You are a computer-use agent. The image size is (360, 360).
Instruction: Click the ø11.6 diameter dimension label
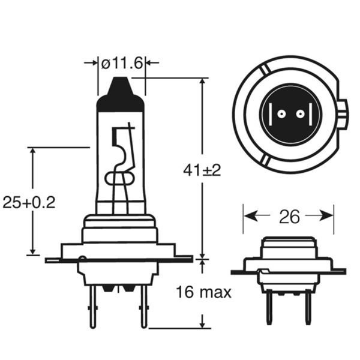point(122,62)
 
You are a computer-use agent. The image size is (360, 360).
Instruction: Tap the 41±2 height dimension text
point(202,170)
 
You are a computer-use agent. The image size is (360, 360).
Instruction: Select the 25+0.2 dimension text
point(29,202)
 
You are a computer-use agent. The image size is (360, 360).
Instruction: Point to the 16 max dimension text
point(203,293)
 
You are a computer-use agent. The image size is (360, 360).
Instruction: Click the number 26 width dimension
point(289,217)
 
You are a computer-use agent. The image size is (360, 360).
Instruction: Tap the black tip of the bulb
point(121,97)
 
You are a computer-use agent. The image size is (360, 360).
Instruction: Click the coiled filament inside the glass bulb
point(121,178)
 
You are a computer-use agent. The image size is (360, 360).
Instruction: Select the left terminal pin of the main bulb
point(92,306)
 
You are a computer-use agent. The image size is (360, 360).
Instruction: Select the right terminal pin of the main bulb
point(144,306)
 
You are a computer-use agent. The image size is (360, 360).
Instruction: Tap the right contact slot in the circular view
point(307,115)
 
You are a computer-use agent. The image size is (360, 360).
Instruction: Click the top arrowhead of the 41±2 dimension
point(202,82)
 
